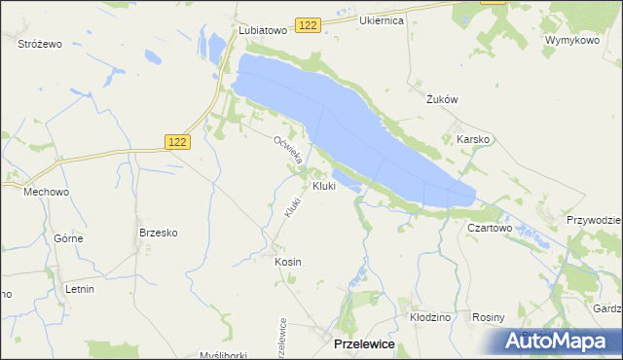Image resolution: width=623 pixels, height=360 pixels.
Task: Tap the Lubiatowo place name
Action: (x=263, y=30)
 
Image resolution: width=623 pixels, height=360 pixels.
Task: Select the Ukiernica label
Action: (x=381, y=20)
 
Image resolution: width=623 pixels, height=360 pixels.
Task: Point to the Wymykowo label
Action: (x=571, y=40)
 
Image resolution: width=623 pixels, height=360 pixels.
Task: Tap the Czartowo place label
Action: (x=490, y=227)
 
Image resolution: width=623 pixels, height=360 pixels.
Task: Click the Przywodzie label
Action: (x=594, y=220)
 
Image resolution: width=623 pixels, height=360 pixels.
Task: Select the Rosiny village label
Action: (x=488, y=317)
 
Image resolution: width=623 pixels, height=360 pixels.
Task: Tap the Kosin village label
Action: (x=288, y=262)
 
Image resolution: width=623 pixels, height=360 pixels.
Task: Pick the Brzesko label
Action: (x=157, y=233)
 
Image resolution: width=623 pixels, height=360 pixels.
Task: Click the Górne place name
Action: (x=68, y=238)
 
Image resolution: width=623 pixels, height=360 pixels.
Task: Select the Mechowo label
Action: (x=46, y=193)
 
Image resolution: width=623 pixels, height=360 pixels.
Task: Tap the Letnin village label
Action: (x=80, y=289)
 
